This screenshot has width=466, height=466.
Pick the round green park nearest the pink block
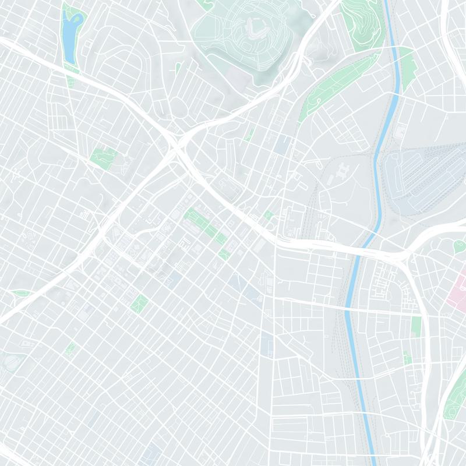pyautogui.click(x=458, y=246)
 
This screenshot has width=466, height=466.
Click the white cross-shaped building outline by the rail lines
pyautogui.click(x=344, y=171)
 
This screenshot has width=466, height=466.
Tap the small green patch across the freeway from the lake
pyautogui.click(x=70, y=82)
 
